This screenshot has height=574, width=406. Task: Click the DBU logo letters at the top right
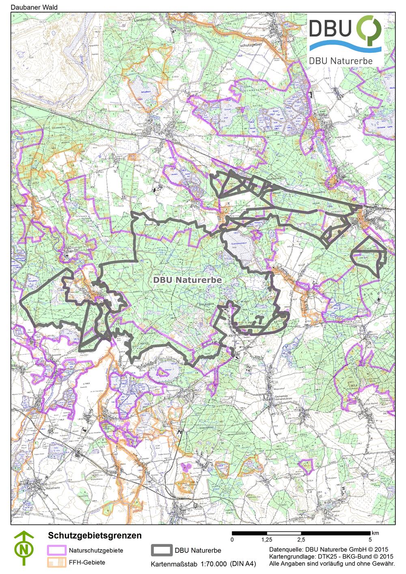tap(332, 29)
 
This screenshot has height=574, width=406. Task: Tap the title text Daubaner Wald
tap(28, 7)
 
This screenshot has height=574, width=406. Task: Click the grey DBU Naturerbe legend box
tap(162, 550)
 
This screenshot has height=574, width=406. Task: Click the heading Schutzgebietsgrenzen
tap(95, 535)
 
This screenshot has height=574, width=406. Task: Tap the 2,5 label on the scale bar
tap(301, 540)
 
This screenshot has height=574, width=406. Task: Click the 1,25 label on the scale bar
tap(266, 540)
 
